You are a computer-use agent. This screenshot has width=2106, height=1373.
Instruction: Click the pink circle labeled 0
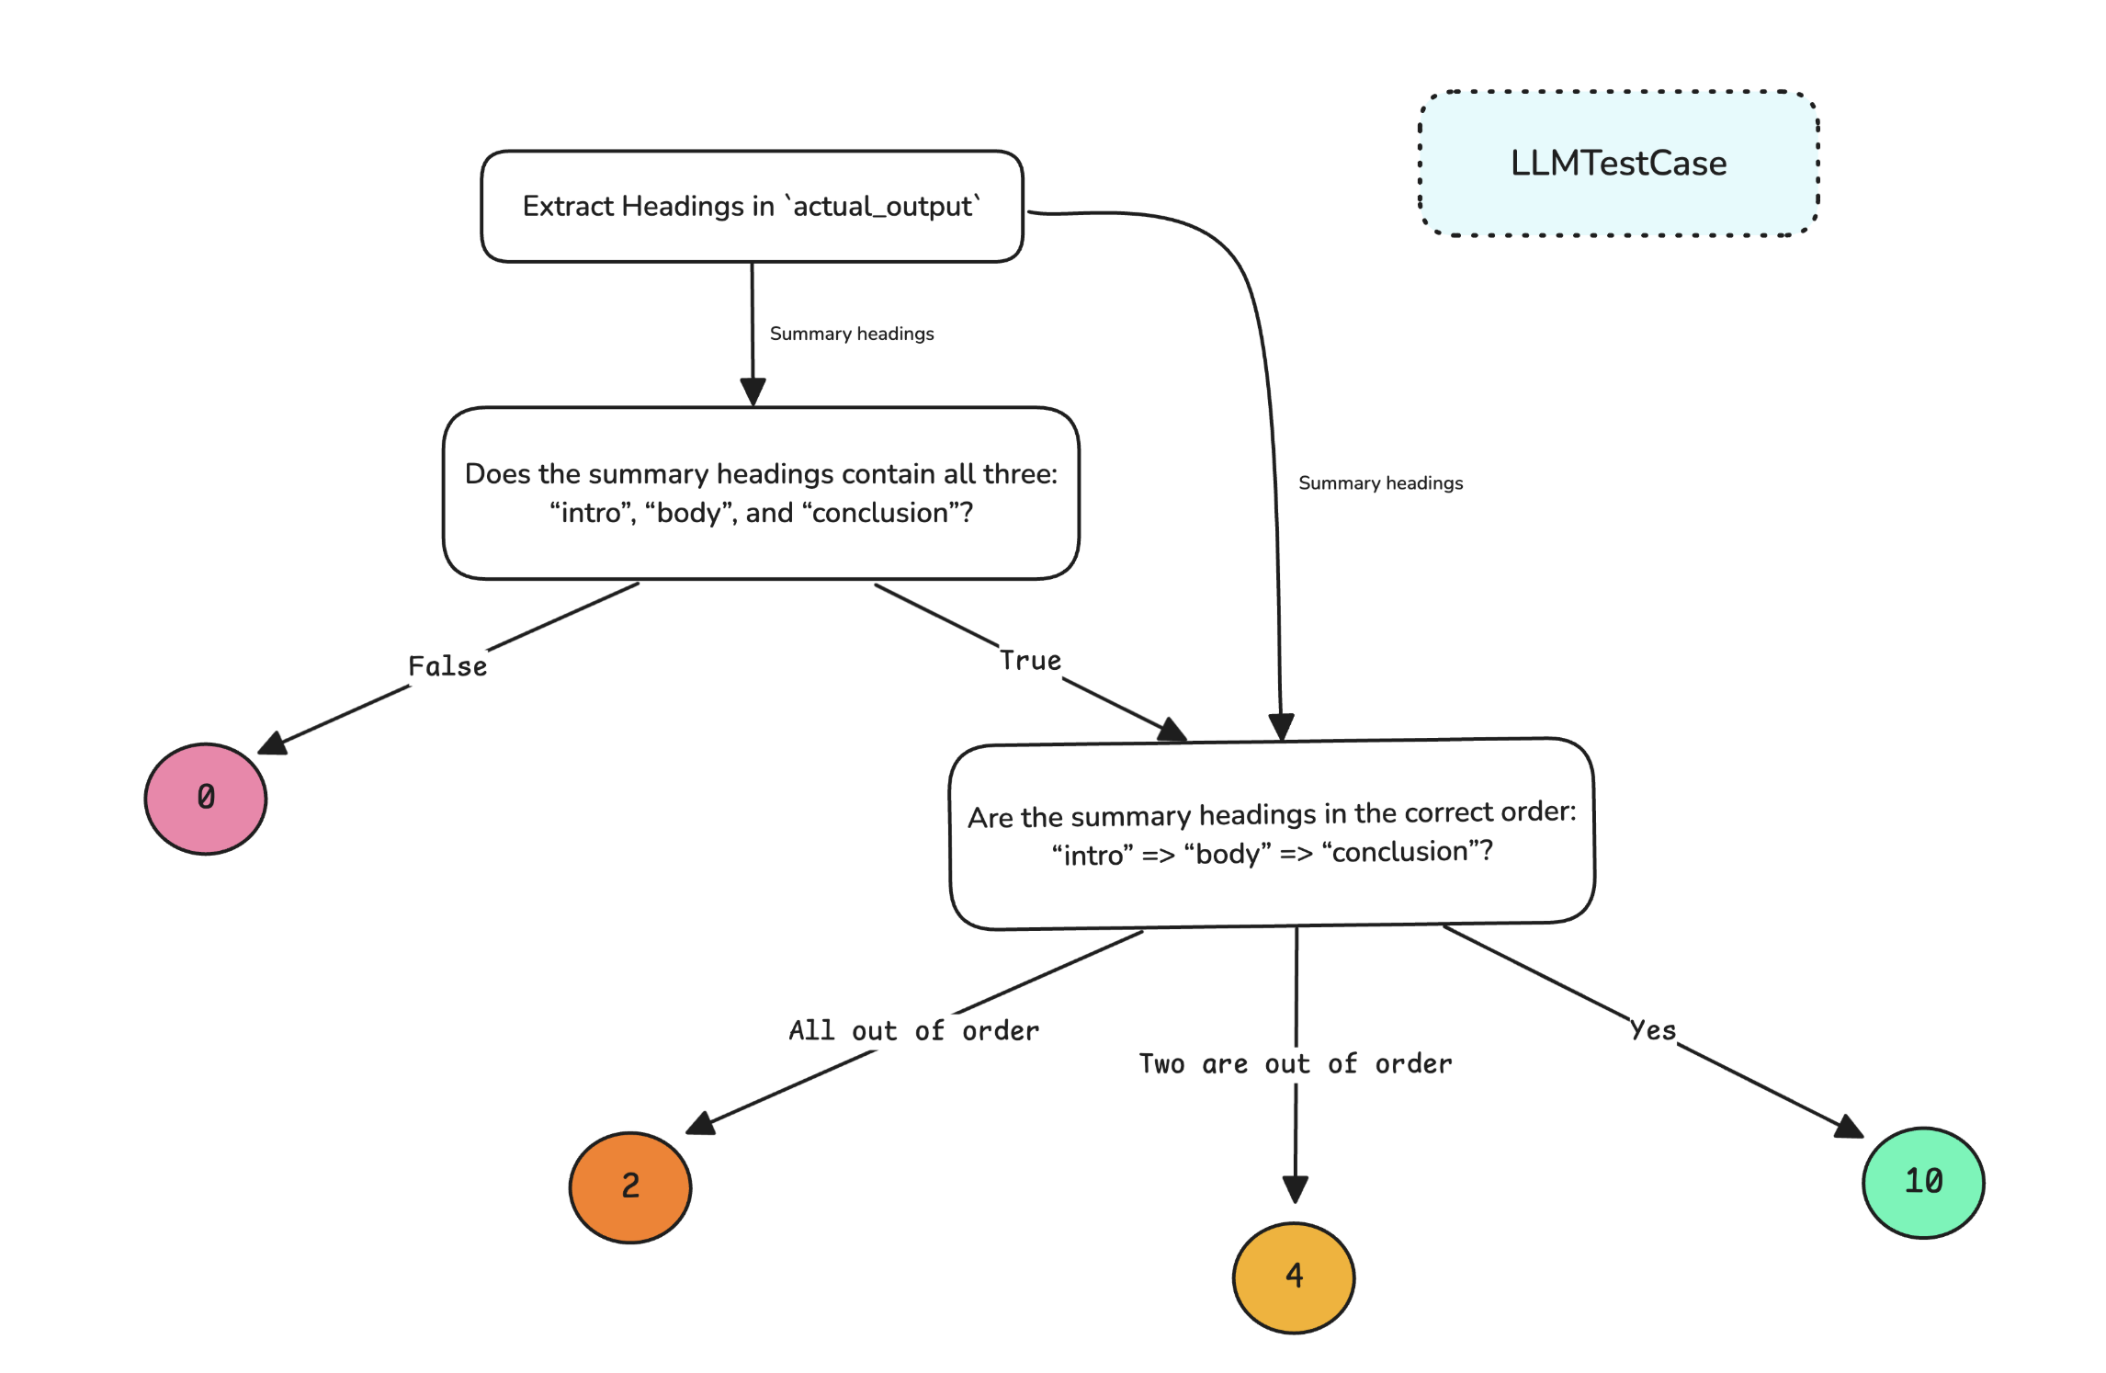coord(206,798)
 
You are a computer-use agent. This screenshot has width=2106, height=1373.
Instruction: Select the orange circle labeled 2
coord(630,1186)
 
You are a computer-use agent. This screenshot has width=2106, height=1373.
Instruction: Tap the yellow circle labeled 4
coord(1294,1277)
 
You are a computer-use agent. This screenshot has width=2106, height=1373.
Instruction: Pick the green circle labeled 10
coord(1923,1182)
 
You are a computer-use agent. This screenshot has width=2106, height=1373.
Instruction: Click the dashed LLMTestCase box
coord(1619,164)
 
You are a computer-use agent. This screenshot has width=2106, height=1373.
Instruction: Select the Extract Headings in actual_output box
coord(752,207)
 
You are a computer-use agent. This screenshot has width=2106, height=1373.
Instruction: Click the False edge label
coord(447,666)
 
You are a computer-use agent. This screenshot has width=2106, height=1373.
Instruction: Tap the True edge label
coord(1030,661)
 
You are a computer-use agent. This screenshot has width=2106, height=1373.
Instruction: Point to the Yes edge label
coord(1653,1030)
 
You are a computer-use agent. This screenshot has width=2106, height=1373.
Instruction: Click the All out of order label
coord(914,1030)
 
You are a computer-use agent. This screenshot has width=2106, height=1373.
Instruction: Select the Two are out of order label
coord(1296,1063)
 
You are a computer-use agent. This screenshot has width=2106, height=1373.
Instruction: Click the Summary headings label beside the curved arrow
coord(1380,483)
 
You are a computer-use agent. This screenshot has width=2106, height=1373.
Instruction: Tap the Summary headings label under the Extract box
coord(852,334)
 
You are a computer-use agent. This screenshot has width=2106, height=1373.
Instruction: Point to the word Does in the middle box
coord(497,474)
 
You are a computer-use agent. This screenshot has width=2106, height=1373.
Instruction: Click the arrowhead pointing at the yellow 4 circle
coord(1296,1189)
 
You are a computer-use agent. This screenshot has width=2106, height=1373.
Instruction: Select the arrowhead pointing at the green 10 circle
coord(1849,1128)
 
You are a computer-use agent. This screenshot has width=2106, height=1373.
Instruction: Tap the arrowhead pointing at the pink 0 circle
coord(273,743)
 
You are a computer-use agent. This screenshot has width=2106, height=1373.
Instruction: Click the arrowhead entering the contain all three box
coord(753,391)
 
